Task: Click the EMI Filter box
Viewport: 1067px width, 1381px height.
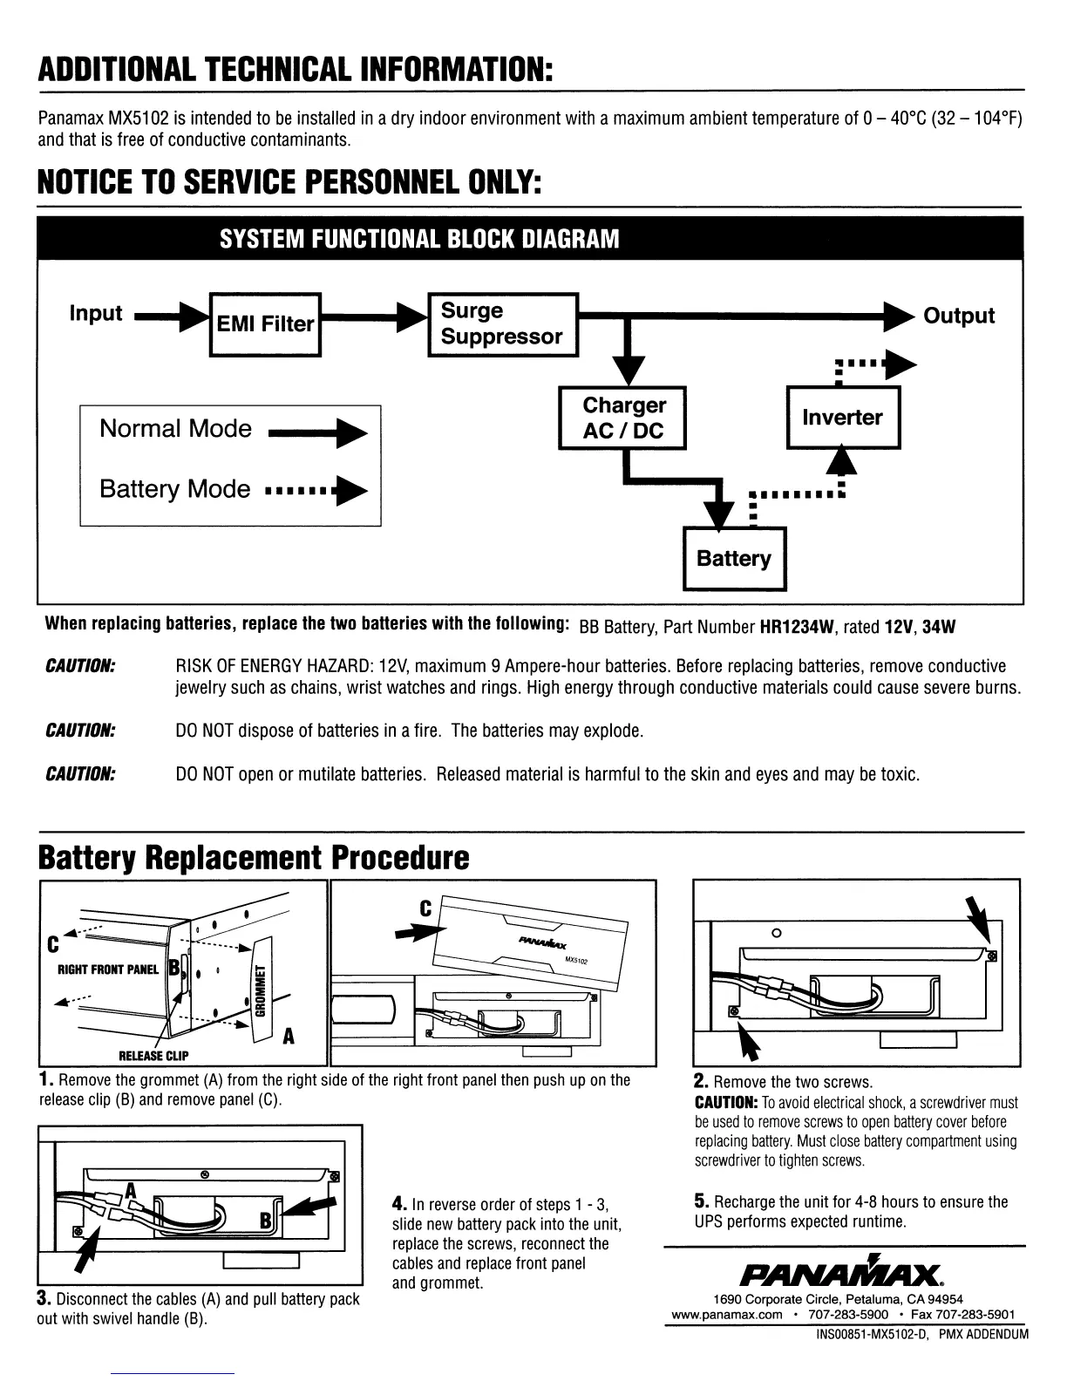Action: pos(265,324)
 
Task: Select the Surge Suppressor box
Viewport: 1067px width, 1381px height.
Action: pos(502,324)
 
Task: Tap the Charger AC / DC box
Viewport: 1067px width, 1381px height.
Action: pos(622,418)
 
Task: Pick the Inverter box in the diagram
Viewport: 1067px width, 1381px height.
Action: pos(842,418)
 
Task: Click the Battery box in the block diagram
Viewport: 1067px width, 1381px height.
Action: pos(734,559)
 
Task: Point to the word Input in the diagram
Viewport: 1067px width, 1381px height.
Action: pos(96,313)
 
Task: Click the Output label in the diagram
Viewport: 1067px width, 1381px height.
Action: pos(959,316)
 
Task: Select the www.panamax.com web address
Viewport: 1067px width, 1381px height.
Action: pos(726,1315)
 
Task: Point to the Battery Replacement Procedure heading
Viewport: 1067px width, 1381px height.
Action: pos(254,858)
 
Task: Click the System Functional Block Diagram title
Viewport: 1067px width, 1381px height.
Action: pos(419,239)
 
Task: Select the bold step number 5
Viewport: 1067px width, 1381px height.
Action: pos(702,1201)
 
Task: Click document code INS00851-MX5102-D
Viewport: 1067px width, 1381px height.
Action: pos(872,1334)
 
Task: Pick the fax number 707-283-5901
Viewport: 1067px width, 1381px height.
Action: pos(977,1315)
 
